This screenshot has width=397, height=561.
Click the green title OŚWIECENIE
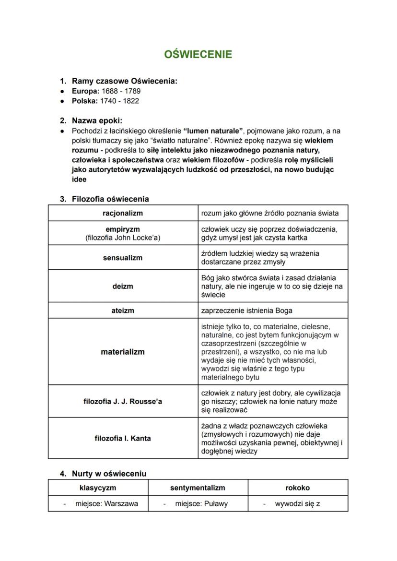(198, 54)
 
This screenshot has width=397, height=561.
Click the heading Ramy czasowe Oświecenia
(124, 81)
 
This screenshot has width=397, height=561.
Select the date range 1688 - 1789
(121, 91)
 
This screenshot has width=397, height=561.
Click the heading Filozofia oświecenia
(110, 199)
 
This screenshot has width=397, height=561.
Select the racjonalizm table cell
(123, 213)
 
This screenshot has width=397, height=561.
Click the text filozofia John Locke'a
(123, 238)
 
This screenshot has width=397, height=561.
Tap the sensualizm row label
(123, 258)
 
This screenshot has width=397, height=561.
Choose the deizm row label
(123, 286)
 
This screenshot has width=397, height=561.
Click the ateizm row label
(123, 310)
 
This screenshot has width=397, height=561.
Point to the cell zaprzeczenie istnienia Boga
(246, 310)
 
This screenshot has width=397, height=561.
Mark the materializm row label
(123, 352)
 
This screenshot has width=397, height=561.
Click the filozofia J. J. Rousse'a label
(123, 401)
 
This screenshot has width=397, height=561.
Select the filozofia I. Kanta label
(123, 438)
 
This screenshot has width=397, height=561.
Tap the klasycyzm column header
(97, 488)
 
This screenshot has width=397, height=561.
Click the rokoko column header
(297, 488)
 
